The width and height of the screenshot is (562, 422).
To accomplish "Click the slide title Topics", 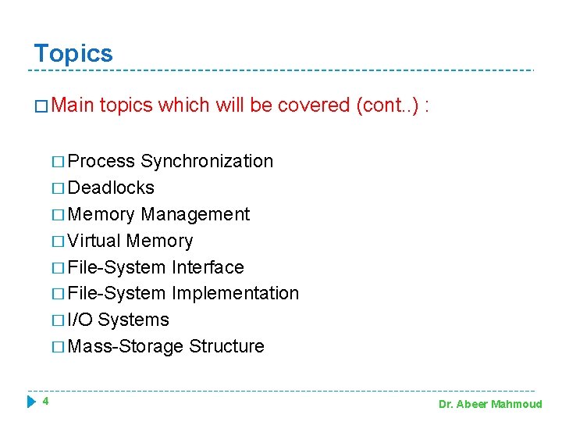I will [73, 53].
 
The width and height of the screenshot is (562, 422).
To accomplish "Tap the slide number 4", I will [46, 402].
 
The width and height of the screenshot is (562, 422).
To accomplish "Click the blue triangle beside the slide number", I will [31, 402].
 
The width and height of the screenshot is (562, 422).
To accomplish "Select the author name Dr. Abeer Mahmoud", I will [489, 404].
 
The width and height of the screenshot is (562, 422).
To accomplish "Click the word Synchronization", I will [207, 161].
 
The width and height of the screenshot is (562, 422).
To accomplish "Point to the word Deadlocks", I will [111, 188].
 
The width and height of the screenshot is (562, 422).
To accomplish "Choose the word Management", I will [195, 214].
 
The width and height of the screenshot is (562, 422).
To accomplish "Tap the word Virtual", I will [94, 241].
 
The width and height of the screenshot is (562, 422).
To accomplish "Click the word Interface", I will [208, 267].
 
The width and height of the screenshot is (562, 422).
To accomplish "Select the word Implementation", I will [235, 293].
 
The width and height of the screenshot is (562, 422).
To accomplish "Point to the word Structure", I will [226, 346].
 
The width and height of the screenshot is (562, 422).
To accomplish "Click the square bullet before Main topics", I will [42, 106].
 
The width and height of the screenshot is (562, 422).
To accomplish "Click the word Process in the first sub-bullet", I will [101, 161].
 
